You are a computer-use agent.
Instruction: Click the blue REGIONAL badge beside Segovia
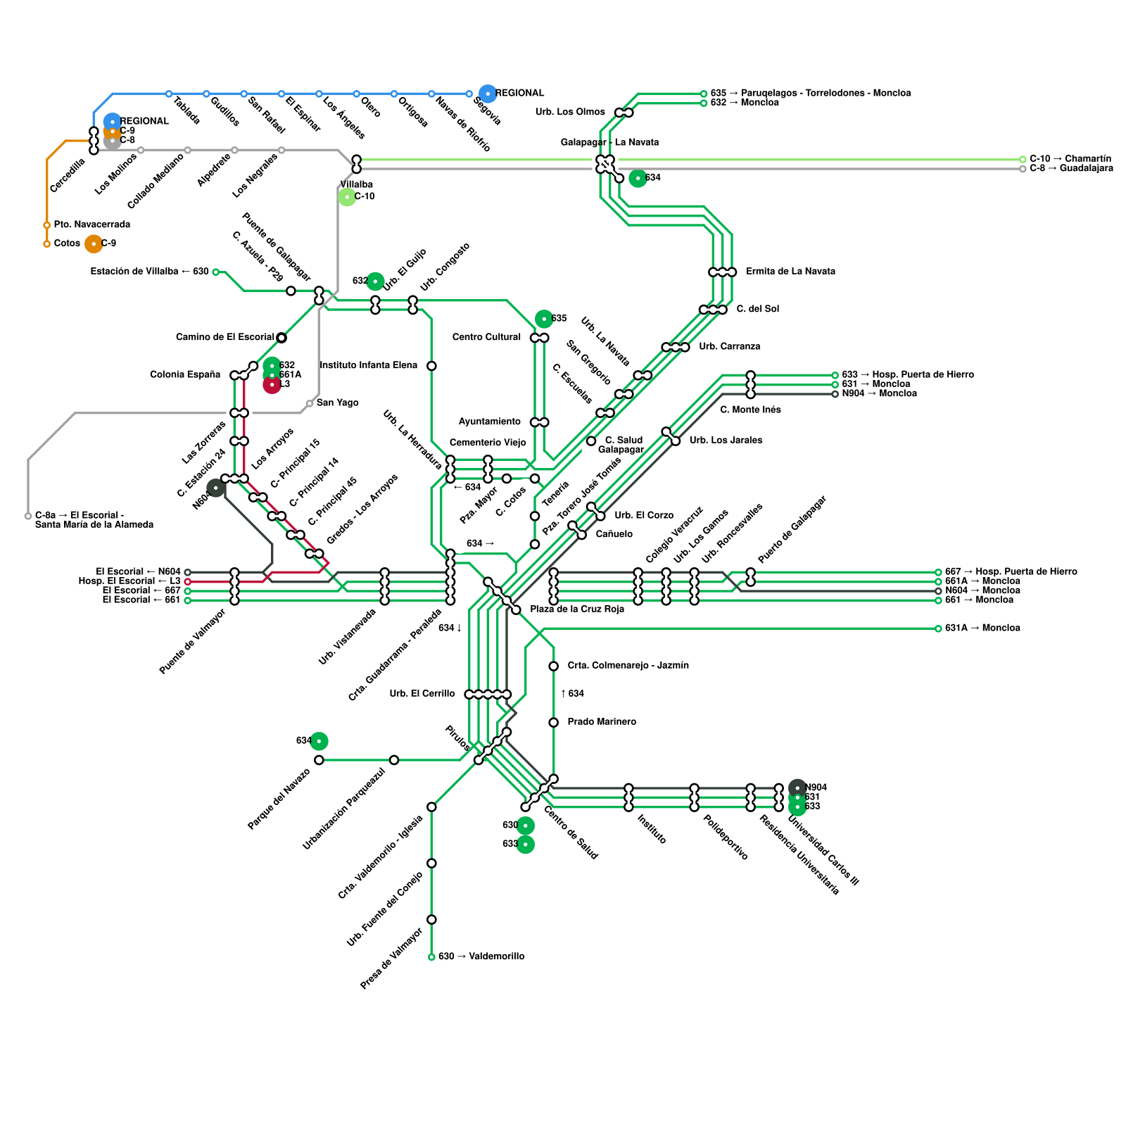(487, 93)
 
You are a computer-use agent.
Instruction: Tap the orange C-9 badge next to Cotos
(94, 243)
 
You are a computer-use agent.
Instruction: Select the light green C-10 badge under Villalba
(346, 197)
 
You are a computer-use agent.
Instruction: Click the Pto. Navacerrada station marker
(47, 225)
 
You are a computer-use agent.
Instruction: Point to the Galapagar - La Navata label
(609, 142)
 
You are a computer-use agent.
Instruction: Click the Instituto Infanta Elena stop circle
(431, 366)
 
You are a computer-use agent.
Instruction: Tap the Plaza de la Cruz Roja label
(576, 609)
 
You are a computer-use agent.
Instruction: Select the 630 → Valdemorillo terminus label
(481, 956)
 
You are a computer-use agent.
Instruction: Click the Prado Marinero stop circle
(554, 723)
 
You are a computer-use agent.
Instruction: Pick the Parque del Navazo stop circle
(320, 760)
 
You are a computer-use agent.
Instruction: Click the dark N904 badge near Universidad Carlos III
(797, 787)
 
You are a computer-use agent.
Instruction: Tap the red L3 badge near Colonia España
(272, 385)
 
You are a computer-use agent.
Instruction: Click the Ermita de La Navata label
(790, 272)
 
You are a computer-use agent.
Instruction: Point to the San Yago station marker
(310, 403)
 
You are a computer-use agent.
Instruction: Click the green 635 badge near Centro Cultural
(544, 319)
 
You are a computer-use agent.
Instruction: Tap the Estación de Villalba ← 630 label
(149, 272)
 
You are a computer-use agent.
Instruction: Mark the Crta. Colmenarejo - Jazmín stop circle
(554, 666)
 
